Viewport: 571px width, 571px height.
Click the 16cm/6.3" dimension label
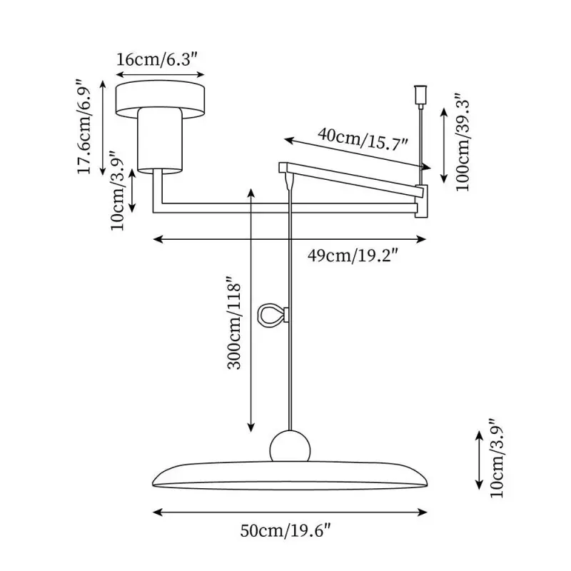(x=157, y=59)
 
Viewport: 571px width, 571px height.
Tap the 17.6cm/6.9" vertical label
(x=84, y=127)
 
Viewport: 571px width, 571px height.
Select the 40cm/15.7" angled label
(x=363, y=139)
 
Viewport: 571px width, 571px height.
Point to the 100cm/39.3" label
(x=463, y=143)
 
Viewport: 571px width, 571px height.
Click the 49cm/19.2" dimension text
(x=352, y=256)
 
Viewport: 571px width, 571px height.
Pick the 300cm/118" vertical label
(x=234, y=323)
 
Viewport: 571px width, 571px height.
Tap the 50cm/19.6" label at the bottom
(x=286, y=530)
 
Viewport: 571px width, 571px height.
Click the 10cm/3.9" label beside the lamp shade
(x=497, y=458)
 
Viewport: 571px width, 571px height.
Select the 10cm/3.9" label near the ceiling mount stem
(x=118, y=191)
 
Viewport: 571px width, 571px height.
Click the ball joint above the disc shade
(x=290, y=447)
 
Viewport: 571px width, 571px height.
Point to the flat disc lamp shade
(x=290, y=475)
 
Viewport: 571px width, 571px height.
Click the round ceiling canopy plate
(x=160, y=99)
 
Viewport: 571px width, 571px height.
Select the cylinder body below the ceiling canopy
(x=160, y=139)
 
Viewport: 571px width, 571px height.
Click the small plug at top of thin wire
(x=420, y=96)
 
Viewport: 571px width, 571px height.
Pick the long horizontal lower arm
(x=285, y=208)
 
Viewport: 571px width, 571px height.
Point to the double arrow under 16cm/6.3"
(x=160, y=75)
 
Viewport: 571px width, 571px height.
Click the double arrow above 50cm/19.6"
(x=290, y=512)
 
